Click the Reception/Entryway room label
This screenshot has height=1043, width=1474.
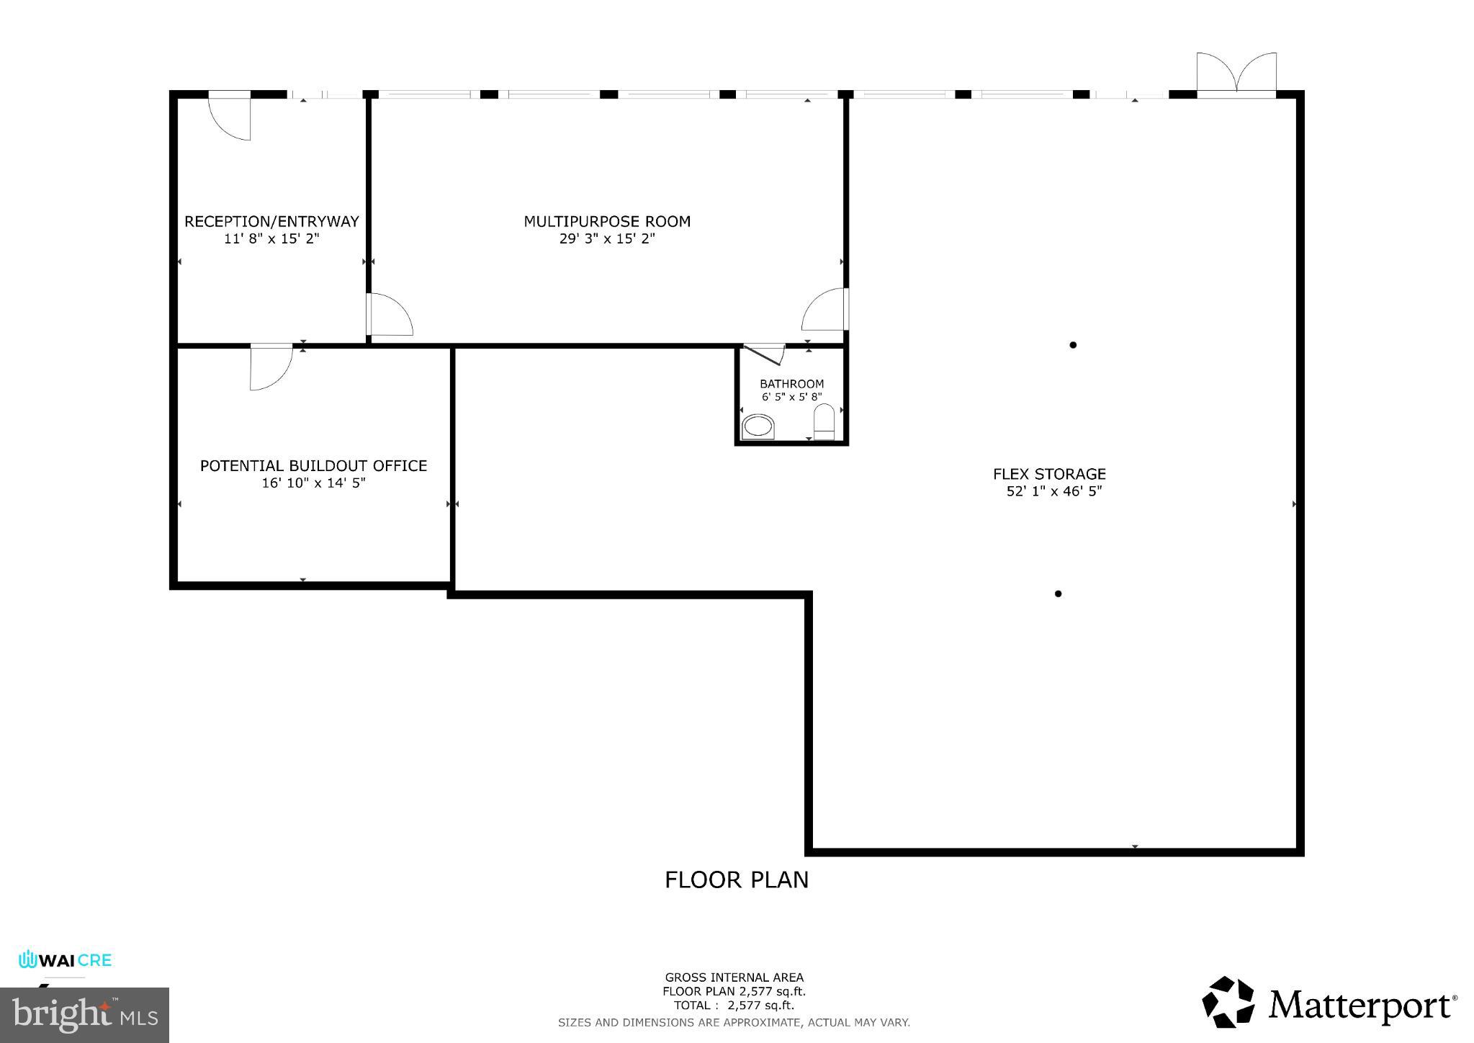click(271, 222)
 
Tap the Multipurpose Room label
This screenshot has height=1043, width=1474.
click(607, 222)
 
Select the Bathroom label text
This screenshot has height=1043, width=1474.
click(791, 384)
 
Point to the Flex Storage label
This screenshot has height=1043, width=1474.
click(1049, 474)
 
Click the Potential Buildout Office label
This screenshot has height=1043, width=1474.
click(313, 466)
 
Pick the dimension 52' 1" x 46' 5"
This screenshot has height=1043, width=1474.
click(1054, 492)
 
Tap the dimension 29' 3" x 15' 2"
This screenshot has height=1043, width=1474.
click(607, 239)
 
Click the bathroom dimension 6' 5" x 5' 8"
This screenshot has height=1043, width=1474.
click(791, 397)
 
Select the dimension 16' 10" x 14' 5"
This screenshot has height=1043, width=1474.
click(313, 483)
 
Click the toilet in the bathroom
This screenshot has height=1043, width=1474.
click(824, 421)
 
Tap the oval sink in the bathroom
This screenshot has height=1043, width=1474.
click(758, 426)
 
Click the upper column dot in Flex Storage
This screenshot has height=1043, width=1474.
click(1073, 345)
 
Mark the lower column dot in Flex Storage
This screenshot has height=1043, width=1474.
click(1058, 594)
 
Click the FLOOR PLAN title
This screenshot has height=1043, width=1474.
click(736, 880)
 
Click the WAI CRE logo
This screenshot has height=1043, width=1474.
click(65, 960)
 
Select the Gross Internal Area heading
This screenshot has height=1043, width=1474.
click(734, 977)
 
